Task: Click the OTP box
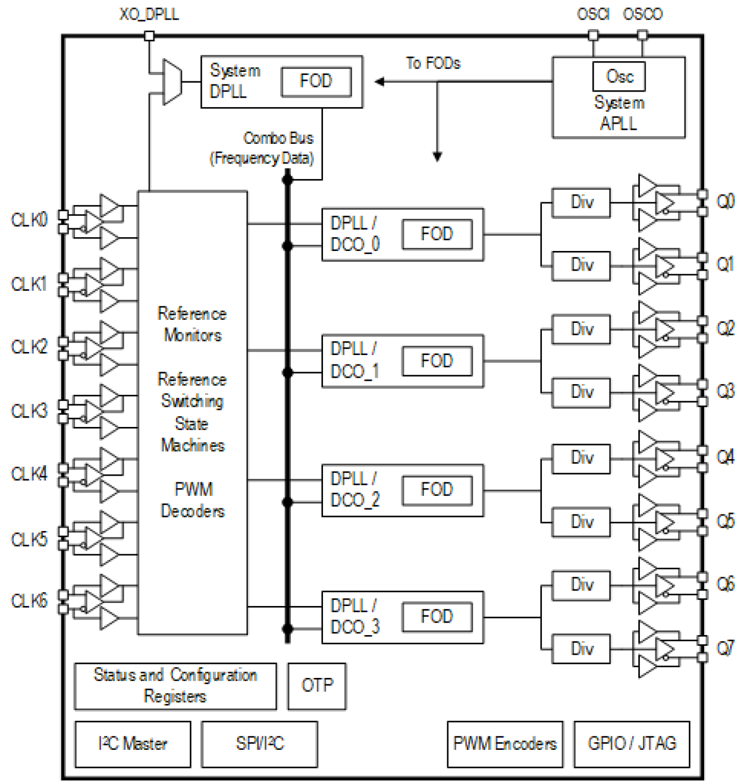(x=316, y=686)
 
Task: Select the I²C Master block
(x=133, y=744)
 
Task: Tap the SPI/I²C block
(x=259, y=744)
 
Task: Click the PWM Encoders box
(x=504, y=744)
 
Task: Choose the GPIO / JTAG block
(x=632, y=744)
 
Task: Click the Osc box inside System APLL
(x=619, y=77)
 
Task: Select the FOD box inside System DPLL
(x=316, y=81)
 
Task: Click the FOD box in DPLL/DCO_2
(x=437, y=490)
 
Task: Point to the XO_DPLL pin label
(x=149, y=14)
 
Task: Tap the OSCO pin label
(x=642, y=14)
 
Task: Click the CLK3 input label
(x=29, y=411)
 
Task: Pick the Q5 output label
(x=725, y=522)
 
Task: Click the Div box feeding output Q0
(x=581, y=203)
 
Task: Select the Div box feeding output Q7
(x=581, y=649)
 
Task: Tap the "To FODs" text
(x=433, y=63)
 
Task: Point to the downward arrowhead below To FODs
(x=437, y=157)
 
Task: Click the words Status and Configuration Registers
(x=175, y=686)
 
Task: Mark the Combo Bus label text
(x=278, y=139)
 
